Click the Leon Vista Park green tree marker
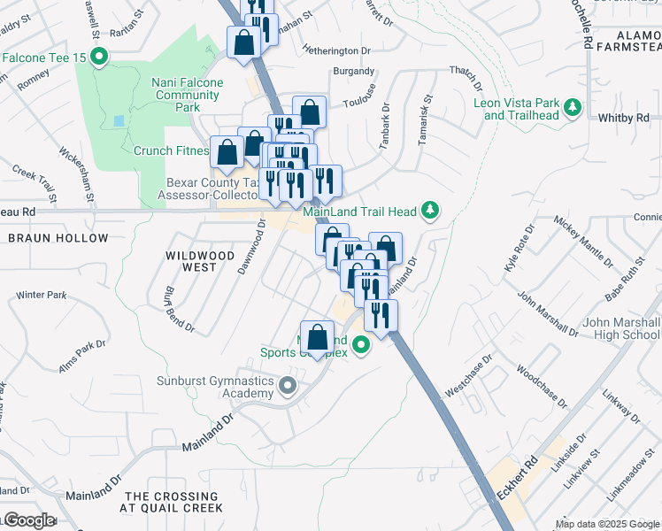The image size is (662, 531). tap(573, 107)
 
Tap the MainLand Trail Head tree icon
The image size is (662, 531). tap(430, 210)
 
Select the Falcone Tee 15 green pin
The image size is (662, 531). tap(99, 59)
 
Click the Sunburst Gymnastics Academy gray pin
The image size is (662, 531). tap(287, 386)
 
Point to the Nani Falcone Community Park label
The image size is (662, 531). tap(187, 95)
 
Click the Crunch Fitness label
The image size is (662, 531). tap(170, 150)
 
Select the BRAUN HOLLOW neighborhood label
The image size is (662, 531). tap(58, 238)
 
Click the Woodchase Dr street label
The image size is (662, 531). tap(540, 386)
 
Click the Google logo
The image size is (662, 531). tap(28, 520)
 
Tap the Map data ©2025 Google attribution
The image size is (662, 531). tap(607, 524)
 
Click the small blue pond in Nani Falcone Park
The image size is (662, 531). tap(119, 120)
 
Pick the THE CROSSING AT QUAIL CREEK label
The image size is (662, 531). tap(173, 502)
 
